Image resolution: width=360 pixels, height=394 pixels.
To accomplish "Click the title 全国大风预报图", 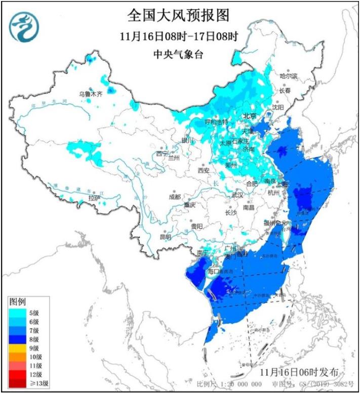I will click(x=178, y=16).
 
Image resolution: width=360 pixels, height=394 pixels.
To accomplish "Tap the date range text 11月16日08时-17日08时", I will click(x=179, y=36).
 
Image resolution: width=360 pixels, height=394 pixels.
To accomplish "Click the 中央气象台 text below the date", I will click(x=178, y=55).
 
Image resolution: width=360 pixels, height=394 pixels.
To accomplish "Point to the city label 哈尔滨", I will click(x=289, y=75).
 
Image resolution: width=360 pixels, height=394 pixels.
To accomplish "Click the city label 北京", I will click(x=249, y=116).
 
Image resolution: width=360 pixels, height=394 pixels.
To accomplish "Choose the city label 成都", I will click(x=175, y=196).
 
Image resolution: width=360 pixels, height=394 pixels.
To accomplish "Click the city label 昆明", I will click(x=166, y=237).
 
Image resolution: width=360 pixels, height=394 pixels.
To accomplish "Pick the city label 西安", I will click(x=204, y=171).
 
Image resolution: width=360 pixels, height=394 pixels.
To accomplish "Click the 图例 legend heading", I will click(x=18, y=301).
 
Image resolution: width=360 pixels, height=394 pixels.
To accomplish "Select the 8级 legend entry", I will click(x=33, y=339).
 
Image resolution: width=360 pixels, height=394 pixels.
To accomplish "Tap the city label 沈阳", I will click(x=278, y=107).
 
